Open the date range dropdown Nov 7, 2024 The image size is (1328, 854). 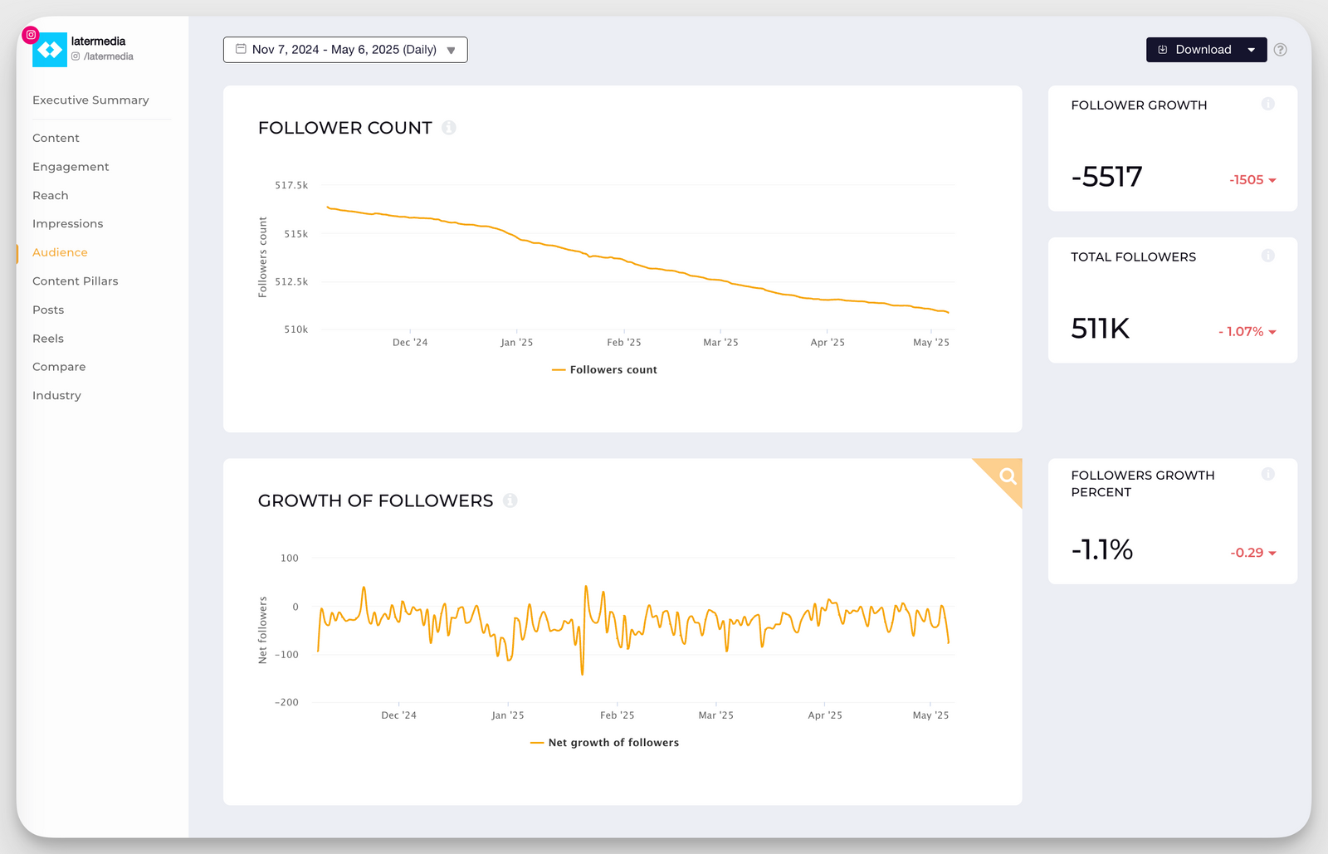(344, 50)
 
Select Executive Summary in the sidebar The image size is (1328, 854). (90, 100)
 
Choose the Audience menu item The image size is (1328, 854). (60, 252)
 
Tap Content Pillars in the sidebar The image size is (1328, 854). (76, 281)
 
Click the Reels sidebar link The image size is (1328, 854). (48, 339)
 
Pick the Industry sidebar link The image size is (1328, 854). (56, 396)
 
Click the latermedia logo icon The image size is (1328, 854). (50, 50)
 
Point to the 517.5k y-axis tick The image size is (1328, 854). (291, 185)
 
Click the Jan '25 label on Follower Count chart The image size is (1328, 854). (516, 342)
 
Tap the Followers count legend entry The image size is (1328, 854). (605, 370)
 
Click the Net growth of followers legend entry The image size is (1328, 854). (605, 743)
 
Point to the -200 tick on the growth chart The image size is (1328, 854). (286, 702)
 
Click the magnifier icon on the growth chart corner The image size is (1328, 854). (1008, 476)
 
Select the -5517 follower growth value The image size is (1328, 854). (1106, 177)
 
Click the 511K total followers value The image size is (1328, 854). (1100, 329)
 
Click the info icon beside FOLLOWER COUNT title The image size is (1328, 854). (449, 128)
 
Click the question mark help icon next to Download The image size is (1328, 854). (1281, 50)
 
